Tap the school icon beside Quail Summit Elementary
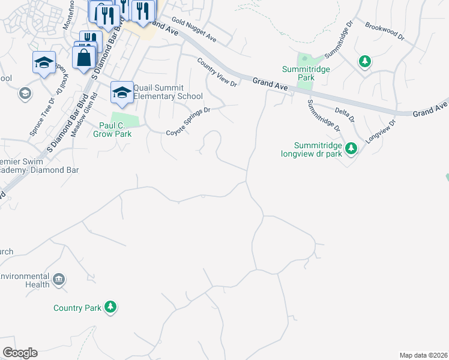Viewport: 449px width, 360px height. pos(122,92)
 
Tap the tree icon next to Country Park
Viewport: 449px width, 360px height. pos(110,307)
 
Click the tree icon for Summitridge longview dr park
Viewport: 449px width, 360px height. pos(352,148)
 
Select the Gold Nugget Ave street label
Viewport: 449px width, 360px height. pos(193,31)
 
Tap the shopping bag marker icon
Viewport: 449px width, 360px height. pos(83,58)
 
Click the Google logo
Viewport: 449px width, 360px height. pos(20,353)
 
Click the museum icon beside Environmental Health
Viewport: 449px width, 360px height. pos(59,279)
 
